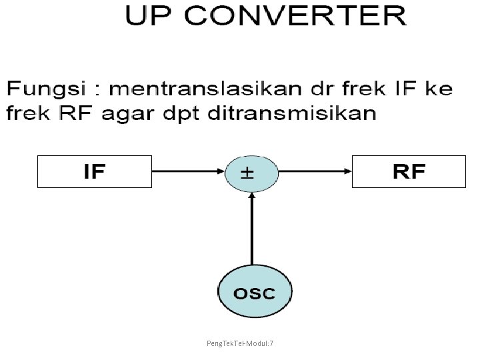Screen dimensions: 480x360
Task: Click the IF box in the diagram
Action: tap(95, 171)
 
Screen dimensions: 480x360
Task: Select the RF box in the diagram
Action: tap(409, 171)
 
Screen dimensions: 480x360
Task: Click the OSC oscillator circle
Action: tap(255, 292)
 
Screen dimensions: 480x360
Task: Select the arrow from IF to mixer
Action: tap(188, 171)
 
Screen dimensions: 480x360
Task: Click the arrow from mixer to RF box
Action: tap(314, 171)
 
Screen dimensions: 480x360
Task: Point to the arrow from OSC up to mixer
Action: tap(251, 230)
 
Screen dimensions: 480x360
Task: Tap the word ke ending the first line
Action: tap(439, 89)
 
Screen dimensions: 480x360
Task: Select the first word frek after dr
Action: tap(367, 89)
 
